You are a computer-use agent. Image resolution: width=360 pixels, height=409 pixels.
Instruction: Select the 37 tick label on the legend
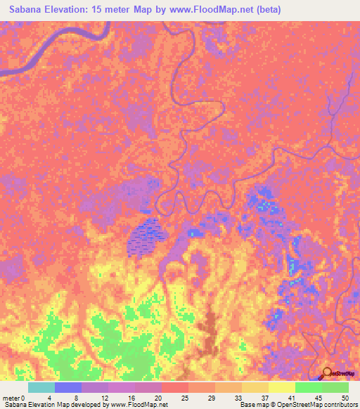tap(268, 398)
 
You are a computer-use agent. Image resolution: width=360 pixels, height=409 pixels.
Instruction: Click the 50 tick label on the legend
tap(344, 398)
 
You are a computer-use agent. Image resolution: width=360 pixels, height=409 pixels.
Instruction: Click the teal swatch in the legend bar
tap(41, 387)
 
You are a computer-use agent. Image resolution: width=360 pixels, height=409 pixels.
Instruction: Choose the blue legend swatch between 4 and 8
tap(67, 387)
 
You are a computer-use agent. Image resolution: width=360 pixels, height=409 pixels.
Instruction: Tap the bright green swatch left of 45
tap(308, 387)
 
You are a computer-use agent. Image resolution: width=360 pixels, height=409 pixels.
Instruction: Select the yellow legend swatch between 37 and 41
tap(281, 387)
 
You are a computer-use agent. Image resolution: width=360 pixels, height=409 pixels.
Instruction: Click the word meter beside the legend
tap(11, 398)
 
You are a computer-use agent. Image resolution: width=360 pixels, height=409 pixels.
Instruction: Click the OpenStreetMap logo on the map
tap(339, 374)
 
